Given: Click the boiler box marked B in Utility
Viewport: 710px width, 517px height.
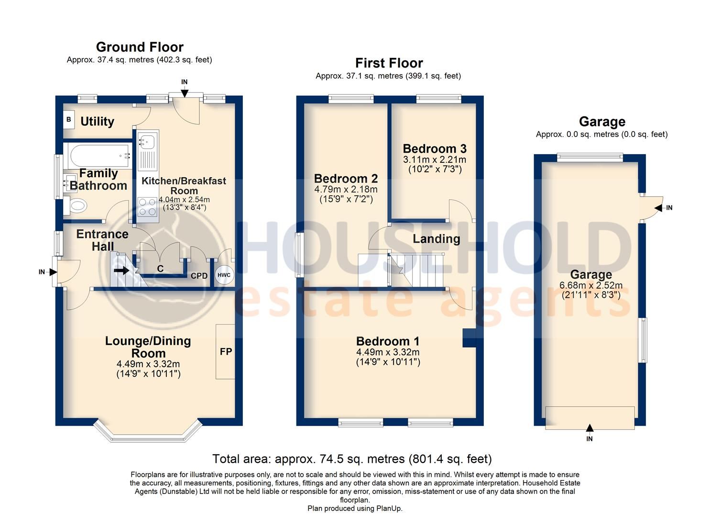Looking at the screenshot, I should click(x=69, y=120).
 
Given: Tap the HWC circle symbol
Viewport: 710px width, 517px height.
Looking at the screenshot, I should click(x=224, y=275).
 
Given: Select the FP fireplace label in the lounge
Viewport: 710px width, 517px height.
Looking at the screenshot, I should click(x=226, y=352).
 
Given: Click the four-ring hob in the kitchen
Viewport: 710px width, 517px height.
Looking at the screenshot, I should click(x=147, y=207).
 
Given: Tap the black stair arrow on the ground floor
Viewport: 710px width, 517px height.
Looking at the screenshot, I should click(x=122, y=270).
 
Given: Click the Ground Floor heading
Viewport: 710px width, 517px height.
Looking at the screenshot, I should click(x=140, y=47).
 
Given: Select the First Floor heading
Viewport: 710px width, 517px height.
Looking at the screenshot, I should click(x=389, y=63).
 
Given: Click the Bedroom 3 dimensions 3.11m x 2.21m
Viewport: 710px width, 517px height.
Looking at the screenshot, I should click(x=434, y=159).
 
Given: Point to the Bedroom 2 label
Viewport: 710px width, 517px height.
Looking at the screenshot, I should click(x=346, y=179).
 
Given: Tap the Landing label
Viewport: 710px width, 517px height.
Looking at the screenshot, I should click(x=437, y=238).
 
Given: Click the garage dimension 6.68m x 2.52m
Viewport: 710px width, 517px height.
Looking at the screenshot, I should click(x=591, y=286).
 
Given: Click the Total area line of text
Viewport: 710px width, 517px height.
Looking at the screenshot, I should click(x=352, y=459).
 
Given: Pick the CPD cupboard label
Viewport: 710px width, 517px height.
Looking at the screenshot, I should click(x=199, y=276).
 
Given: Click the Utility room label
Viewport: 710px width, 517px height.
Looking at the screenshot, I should click(x=97, y=122).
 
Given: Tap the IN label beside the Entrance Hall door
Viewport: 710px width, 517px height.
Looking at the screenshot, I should click(x=42, y=272).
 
